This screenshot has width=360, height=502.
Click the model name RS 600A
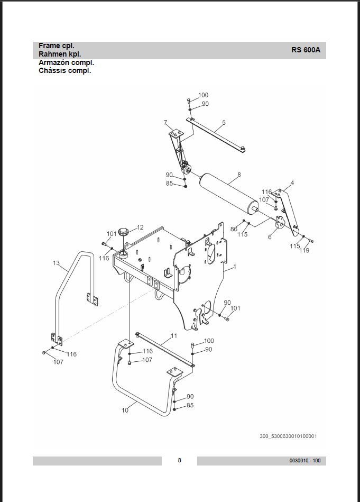(x=306, y=50)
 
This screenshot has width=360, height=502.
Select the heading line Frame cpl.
(x=57, y=46)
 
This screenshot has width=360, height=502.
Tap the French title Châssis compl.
(x=64, y=71)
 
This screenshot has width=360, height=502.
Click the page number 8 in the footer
(x=180, y=460)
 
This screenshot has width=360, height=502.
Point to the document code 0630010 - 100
(x=305, y=461)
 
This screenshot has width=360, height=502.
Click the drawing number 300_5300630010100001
(x=288, y=436)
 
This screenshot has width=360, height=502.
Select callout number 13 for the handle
(x=57, y=263)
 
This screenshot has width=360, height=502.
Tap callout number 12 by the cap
(x=140, y=227)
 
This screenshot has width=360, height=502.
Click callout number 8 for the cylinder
(x=239, y=175)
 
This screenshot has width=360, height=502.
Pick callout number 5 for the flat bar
(x=224, y=122)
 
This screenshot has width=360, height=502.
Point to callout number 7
(x=165, y=122)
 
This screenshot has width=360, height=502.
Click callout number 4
(x=292, y=183)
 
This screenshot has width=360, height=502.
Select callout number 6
(x=270, y=237)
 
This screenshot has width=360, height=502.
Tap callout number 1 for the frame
(x=235, y=267)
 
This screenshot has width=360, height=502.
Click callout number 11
(x=174, y=336)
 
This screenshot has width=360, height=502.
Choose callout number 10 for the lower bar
(x=125, y=410)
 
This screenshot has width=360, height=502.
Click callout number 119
(x=304, y=250)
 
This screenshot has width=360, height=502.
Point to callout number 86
(x=234, y=229)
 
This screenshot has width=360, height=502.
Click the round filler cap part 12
(x=123, y=231)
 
